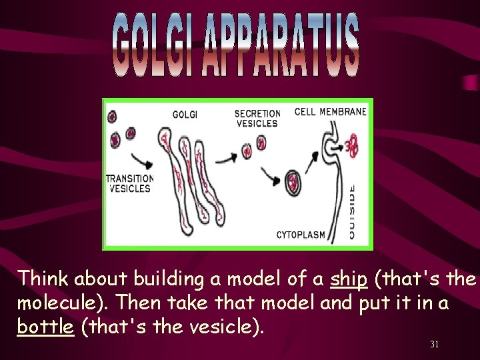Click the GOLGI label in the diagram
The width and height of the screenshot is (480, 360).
(185, 115)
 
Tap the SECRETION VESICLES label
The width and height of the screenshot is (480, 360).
(257, 119)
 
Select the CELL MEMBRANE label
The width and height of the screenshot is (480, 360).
(330, 111)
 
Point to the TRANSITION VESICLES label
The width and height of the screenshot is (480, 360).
(129, 183)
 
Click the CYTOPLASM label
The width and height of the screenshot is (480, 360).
(301, 235)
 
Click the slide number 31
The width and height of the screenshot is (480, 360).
(434, 344)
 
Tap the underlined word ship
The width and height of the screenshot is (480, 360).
(349, 279)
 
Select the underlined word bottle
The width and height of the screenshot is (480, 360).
(45, 327)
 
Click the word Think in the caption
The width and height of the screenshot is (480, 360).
(44, 279)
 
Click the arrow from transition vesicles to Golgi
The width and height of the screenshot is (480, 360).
(143, 160)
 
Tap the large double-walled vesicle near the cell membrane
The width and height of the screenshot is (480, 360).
(293, 182)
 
